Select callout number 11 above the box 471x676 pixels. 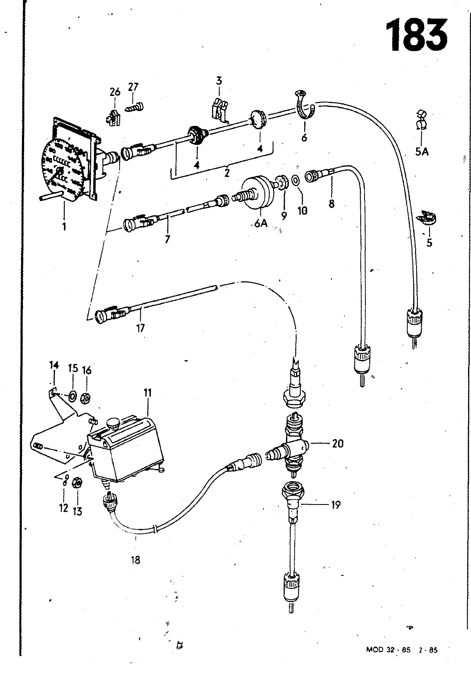click(x=147, y=393)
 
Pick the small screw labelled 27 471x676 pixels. click(x=135, y=107)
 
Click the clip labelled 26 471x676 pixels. click(x=112, y=116)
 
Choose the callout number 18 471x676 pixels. click(x=136, y=560)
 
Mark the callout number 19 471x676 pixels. click(x=336, y=504)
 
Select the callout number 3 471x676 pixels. click(x=219, y=80)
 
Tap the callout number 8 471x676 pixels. click(x=332, y=204)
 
